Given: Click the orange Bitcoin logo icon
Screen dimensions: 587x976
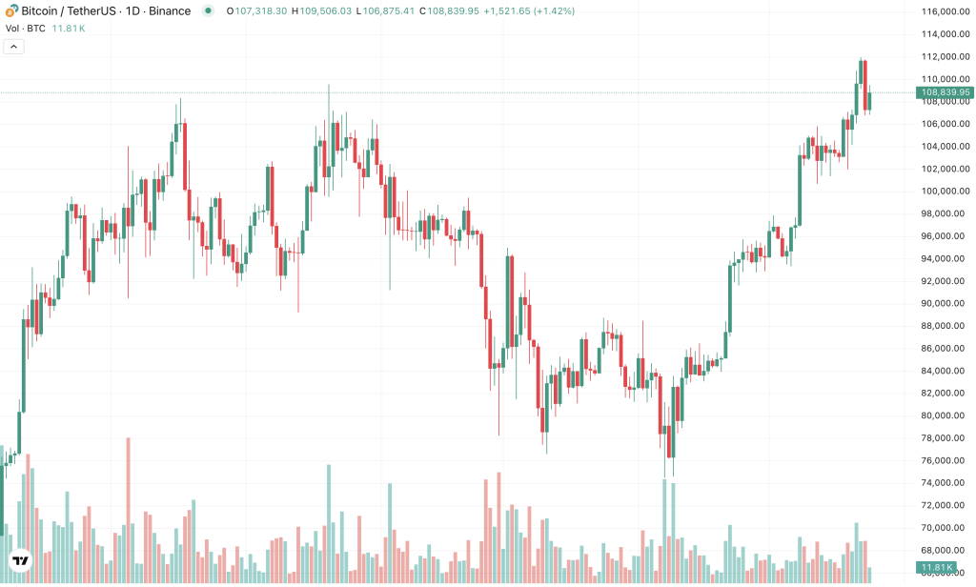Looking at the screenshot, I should [10, 11].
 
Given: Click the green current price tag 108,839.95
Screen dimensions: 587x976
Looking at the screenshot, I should [944, 92].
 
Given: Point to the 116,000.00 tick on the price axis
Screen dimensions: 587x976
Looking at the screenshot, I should [944, 11].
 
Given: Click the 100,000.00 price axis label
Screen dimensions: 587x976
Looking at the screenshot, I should [944, 192].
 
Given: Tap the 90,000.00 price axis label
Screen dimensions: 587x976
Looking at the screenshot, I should [944, 304].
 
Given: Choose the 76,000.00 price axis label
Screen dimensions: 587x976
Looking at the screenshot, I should [944, 461].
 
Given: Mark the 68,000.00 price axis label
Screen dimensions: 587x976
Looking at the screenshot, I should [944, 551].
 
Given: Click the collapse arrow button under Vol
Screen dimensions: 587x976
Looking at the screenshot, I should [14, 47].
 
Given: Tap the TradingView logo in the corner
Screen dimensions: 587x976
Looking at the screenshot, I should [19, 561].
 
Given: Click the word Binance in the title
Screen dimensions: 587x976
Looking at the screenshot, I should [168, 11].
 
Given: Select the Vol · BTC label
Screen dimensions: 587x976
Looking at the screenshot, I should [24, 29].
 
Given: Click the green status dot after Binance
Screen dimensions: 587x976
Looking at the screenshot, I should [208, 11].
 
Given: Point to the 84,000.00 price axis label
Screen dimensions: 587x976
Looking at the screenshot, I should [944, 372].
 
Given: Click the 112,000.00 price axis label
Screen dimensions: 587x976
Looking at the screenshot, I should [944, 57].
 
